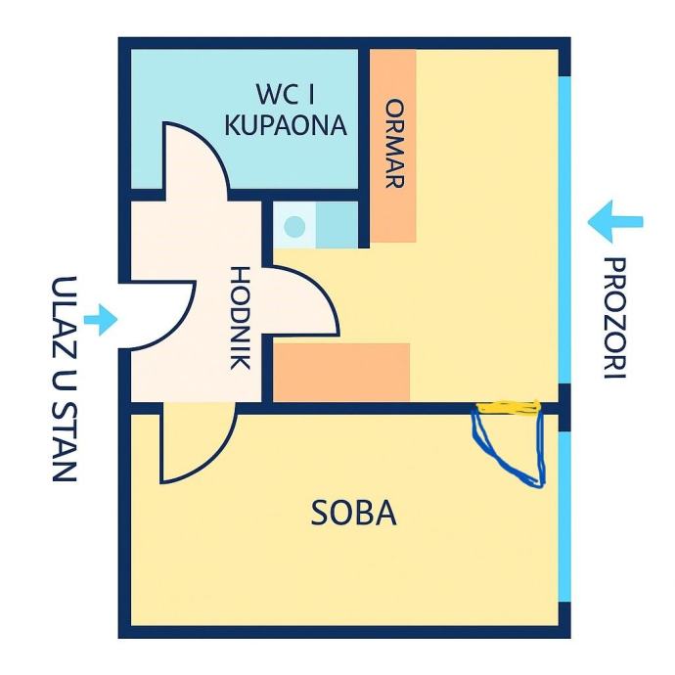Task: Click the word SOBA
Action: point(354,513)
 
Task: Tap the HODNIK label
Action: point(239,318)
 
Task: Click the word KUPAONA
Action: point(286,125)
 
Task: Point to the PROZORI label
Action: point(613,318)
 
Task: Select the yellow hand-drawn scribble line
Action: point(508,407)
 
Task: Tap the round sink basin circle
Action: point(293,227)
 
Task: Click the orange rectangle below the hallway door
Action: point(340,372)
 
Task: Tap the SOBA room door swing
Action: point(196,445)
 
